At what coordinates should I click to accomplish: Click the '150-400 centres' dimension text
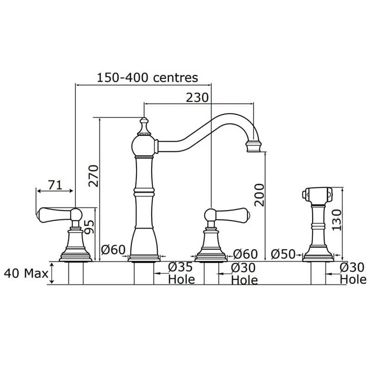pos(148,78)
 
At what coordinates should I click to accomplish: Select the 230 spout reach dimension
pos(197,98)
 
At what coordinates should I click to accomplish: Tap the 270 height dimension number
pos(93,176)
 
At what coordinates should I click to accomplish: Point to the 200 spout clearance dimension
pos(259,195)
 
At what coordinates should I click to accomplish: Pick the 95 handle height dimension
pos(89,227)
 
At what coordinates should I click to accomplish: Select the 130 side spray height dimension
pos(337,220)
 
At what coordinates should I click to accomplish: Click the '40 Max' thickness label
pos(26,273)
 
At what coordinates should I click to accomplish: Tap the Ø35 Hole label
pos(181,273)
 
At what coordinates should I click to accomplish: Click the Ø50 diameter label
pos(283,254)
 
